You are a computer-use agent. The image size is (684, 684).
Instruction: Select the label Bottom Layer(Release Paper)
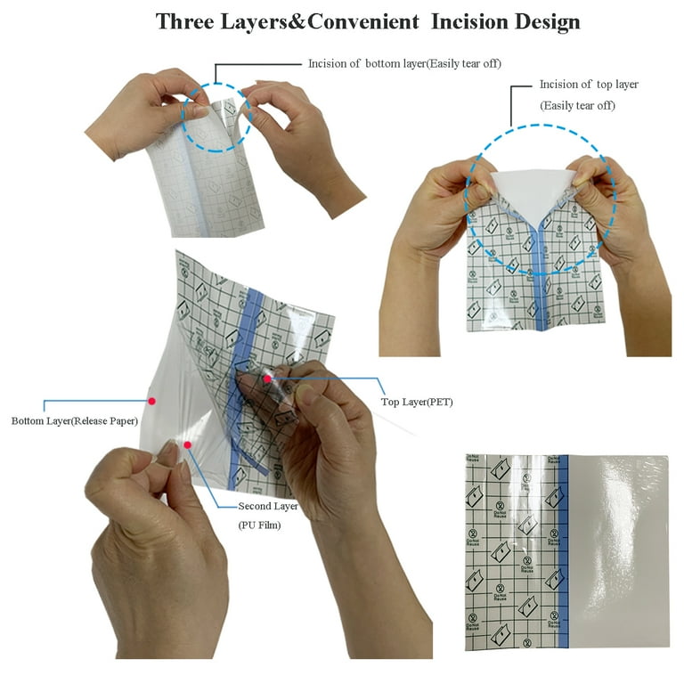click(74, 420)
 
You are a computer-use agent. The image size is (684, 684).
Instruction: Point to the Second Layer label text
click(268, 507)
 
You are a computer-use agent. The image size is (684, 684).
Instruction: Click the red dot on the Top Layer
click(266, 379)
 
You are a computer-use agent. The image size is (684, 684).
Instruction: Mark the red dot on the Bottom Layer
click(152, 402)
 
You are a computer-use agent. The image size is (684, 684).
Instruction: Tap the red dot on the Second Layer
click(188, 444)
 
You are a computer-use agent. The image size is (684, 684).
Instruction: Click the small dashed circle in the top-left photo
click(218, 117)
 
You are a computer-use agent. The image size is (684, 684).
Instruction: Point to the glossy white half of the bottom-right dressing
click(619, 552)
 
